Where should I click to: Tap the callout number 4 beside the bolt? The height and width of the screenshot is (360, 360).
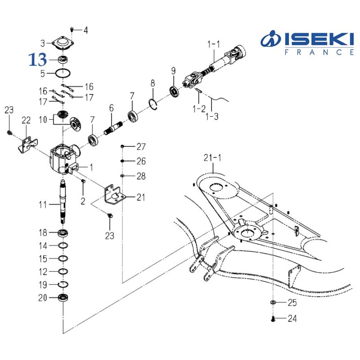click(x=85, y=31)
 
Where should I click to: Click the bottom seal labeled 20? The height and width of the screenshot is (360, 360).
click(x=63, y=298)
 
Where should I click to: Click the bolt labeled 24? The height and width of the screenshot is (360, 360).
click(x=273, y=319)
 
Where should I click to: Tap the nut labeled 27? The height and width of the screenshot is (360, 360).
click(x=122, y=147)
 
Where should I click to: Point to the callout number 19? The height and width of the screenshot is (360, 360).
click(x=43, y=284)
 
